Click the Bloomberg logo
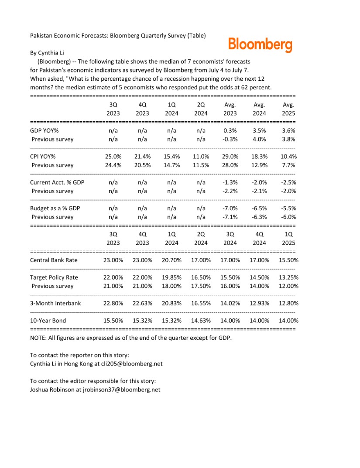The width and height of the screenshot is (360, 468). pos(260,44)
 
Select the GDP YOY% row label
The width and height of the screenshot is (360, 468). pos(44,130)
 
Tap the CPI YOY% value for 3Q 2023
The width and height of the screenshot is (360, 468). pos(113,156)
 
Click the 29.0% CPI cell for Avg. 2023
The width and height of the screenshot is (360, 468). pos(230,156)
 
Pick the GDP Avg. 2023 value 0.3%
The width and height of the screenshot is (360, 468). pos(230,130)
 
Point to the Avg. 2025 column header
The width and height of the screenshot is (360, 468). pos(288,109)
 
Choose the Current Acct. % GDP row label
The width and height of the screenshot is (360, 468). pos(57,182)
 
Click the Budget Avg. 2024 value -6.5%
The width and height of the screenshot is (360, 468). pos(259,208)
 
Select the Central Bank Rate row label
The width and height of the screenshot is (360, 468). pos(54,260)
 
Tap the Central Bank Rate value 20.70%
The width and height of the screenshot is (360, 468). pos(171,260)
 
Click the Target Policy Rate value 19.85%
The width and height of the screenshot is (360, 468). pos(171,277)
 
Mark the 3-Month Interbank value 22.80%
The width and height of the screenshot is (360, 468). pos(113,303)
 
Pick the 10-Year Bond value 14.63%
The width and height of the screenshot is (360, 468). pos(201,321)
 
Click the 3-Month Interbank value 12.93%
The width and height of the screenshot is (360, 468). pos(259,303)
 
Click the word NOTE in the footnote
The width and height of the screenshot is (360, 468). pos(38,338)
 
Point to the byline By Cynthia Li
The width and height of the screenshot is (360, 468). pos(47,53)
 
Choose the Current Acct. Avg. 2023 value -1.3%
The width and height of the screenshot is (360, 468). pos(230,182)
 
